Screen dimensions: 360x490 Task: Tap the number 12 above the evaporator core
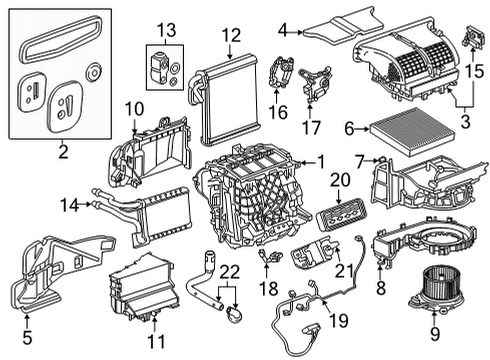click(x=231, y=35)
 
